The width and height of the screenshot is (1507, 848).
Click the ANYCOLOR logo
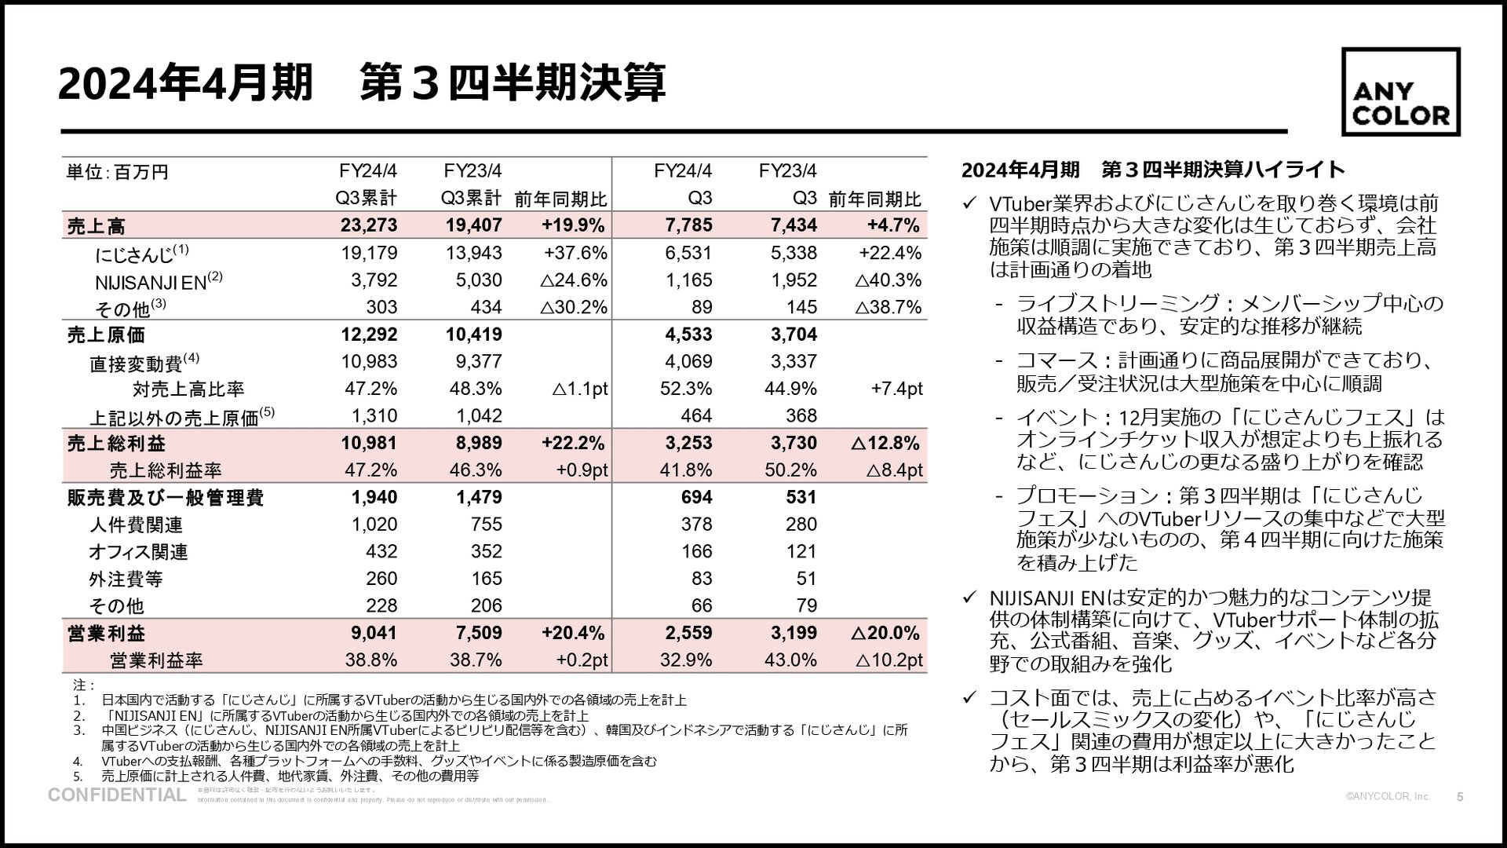pos(1401,93)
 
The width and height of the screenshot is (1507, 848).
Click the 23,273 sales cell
pos(369,226)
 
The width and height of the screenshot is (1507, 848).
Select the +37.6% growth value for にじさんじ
pos(575,253)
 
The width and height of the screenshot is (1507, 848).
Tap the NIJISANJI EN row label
pos(151,280)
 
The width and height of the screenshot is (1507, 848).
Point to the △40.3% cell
pos(887,280)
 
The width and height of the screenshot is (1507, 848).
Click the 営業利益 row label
pos(106,634)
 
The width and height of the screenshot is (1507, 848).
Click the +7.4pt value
pos(896,389)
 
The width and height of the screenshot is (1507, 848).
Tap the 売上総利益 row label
pos(116,444)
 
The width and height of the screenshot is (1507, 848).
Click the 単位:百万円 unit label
pos(118,172)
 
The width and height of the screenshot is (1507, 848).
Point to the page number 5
pos(1460,797)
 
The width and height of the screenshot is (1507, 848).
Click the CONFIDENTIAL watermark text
pos(117,795)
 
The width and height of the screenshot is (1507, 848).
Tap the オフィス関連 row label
pos(138,552)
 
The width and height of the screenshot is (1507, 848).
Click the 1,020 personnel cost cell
pos(374,525)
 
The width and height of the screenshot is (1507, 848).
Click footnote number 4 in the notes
pos(78,762)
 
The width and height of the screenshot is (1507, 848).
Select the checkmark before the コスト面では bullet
pos(969,697)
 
